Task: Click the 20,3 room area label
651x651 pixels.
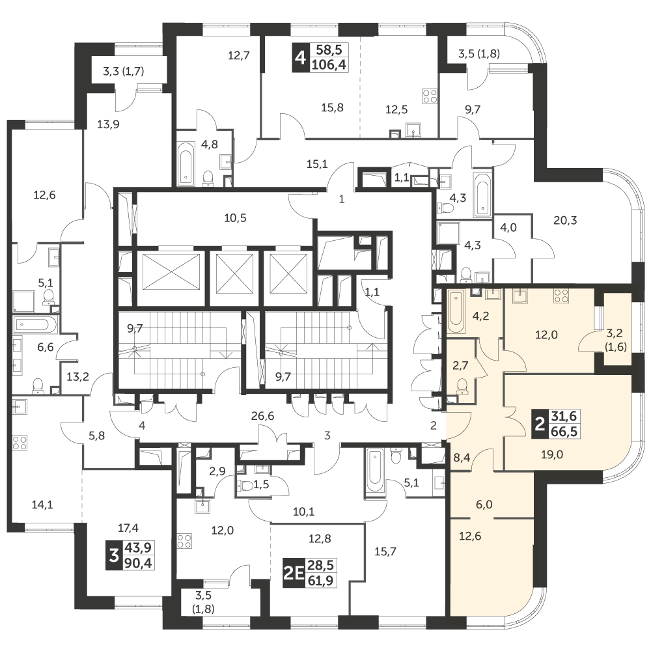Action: [565, 220]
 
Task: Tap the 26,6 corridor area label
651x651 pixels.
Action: [262, 415]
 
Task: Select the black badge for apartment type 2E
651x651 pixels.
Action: [293, 573]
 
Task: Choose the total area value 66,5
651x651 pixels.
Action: [564, 432]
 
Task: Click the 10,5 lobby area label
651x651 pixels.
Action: [235, 217]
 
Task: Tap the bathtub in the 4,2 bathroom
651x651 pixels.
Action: [456, 311]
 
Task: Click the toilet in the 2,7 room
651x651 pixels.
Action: [462, 387]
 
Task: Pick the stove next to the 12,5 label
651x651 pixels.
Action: [430, 96]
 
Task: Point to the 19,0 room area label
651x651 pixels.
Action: [552, 454]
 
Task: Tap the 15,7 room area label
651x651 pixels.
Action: [385, 551]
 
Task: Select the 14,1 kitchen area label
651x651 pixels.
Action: [42, 505]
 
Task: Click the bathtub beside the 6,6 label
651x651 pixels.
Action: [35, 325]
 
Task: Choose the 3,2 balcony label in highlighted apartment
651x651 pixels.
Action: [616, 333]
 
